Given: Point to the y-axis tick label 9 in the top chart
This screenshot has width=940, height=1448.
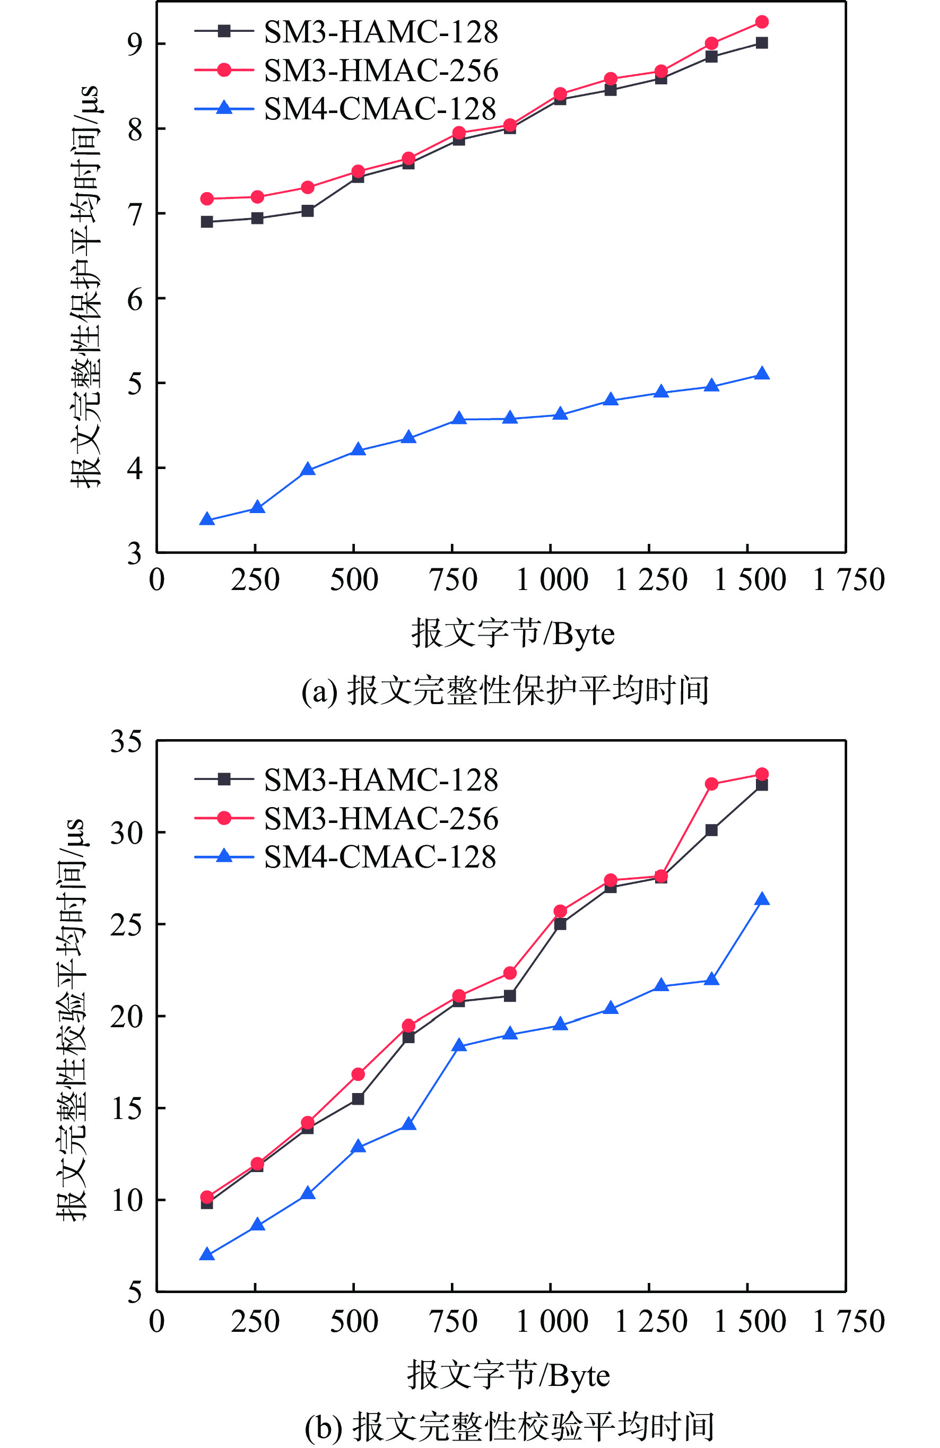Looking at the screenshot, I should pos(134,44).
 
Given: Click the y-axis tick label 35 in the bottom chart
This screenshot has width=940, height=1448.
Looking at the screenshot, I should pos(126,742).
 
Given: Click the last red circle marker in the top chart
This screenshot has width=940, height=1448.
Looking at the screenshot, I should pos(762,22).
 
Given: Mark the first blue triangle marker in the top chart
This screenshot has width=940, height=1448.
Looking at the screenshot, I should pos(207,519).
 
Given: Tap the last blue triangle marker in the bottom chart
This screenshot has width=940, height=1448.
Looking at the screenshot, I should pos(762,899).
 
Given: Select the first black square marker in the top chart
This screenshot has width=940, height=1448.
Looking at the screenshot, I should pos(207,222).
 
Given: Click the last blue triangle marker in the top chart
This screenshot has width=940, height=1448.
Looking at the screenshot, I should pos(762,374).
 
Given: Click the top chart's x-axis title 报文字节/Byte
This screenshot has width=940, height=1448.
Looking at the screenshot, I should pos(513,634).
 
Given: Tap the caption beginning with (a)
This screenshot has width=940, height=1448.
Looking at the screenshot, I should pos(505,690).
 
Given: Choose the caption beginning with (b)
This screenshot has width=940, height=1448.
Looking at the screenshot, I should pos(509,1427).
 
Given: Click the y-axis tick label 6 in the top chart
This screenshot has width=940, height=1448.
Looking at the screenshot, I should pos(134,299).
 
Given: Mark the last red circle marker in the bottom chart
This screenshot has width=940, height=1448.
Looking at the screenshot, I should pos(762,775).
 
